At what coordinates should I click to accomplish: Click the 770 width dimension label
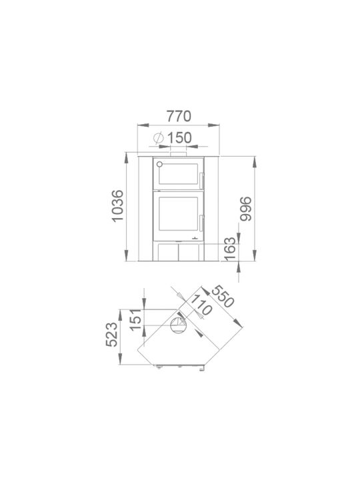179,116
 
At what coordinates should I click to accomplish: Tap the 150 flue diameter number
179,138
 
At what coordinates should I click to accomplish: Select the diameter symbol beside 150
158,138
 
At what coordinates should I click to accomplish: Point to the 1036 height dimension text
117,206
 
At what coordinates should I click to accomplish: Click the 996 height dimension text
245,209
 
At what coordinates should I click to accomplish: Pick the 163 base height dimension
230,249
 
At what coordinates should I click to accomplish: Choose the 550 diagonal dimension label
223,296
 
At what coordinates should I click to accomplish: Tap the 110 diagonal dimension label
201,305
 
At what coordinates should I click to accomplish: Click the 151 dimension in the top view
135,320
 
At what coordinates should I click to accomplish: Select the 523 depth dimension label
111,334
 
